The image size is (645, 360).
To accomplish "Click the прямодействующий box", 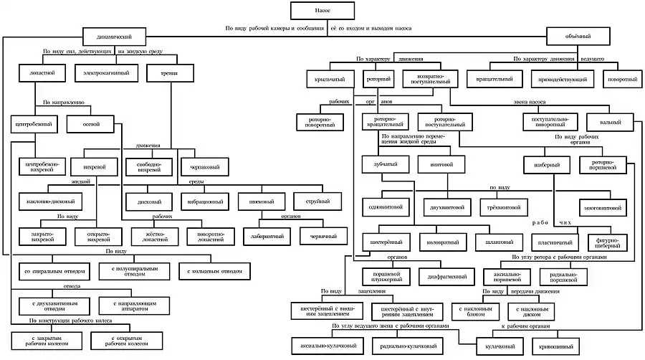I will coord(563,77).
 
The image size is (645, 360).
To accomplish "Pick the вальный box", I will coord(611,123).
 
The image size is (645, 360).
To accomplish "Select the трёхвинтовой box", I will coord(505,207).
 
